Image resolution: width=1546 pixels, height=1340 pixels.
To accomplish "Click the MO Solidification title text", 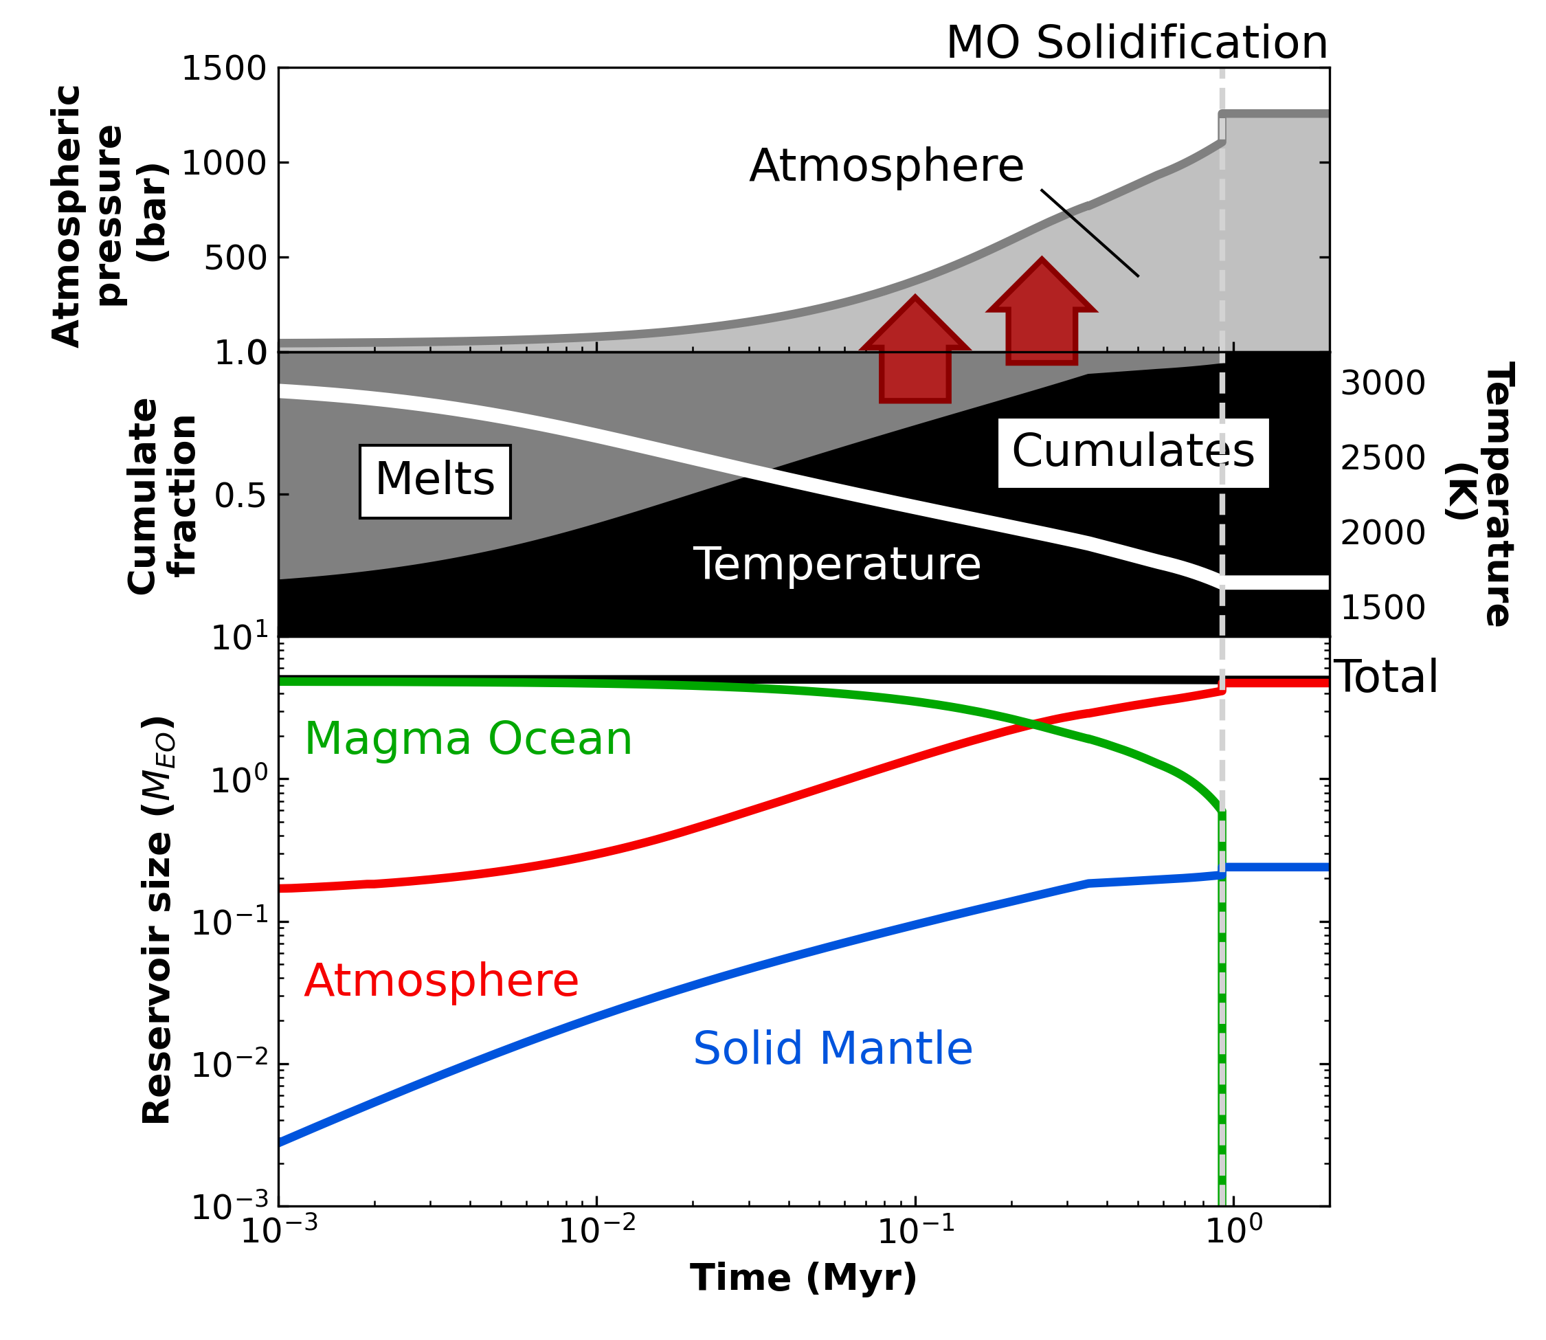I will pyautogui.click(x=1136, y=43).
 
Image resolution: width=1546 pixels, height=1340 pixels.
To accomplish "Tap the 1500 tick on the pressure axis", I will pyautogui.click(x=223, y=69).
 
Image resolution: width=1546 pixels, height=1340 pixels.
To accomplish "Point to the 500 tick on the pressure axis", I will pyautogui.click(x=235, y=258).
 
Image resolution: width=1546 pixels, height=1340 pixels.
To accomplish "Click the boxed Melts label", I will pyautogui.click(x=435, y=481).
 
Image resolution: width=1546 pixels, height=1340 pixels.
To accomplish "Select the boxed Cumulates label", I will pyautogui.click(x=1132, y=451).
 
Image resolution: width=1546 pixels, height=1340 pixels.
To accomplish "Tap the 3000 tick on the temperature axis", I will pyautogui.click(x=1382, y=383).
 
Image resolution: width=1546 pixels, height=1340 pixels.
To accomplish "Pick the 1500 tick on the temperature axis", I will pyautogui.click(x=1382, y=608).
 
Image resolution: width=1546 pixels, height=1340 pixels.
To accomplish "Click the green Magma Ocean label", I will pyautogui.click(x=468, y=739).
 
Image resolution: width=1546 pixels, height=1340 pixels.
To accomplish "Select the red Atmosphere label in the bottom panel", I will pyautogui.click(x=441, y=981).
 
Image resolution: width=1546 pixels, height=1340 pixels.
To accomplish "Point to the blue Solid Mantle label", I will pyautogui.click(x=833, y=1049).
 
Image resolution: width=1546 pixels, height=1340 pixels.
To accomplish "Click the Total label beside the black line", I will pyautogui.click(x=1385, y=678).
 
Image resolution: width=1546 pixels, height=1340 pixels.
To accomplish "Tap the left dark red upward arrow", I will pyautogui.click(x=915, y=351).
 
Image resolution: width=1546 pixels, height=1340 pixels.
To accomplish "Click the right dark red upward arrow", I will pyautogui.click(x=1042, y=314).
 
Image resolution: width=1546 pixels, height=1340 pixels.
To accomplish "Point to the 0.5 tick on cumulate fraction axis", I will pyautogui.click(x=240, y=495).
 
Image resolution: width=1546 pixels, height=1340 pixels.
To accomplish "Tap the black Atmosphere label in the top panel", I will pyautogui.click(x=886, y=166).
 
